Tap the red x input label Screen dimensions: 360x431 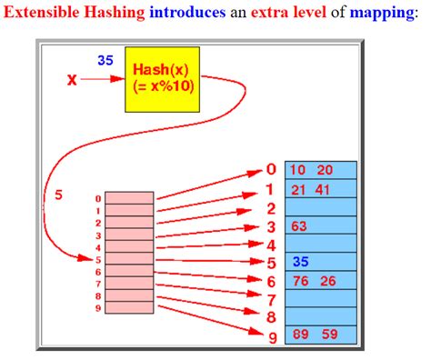72,80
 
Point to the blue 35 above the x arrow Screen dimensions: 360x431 105,61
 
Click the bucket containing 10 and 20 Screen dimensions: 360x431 321,170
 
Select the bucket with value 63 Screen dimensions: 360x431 321,225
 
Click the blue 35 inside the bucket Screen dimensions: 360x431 300,262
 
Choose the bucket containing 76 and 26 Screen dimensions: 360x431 321,280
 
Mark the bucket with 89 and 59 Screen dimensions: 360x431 321,335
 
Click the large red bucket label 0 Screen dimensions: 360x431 270,169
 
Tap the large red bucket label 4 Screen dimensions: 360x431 270,244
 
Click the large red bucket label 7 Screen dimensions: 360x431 270,299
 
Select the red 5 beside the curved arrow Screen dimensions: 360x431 59,194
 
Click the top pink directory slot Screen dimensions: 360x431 130,197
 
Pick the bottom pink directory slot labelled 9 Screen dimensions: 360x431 130,309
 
